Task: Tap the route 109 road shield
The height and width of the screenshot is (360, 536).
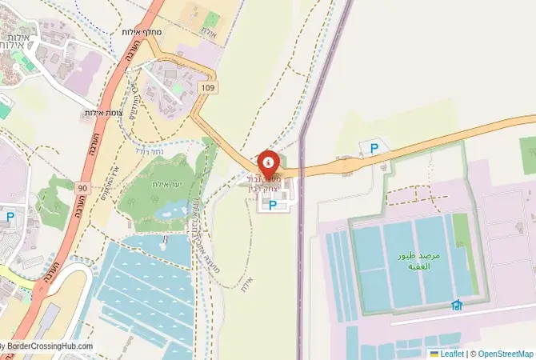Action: coord(209,86)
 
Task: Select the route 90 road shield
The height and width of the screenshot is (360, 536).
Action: coord(83,187)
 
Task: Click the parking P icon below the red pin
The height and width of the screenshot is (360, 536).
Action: coord(273,206)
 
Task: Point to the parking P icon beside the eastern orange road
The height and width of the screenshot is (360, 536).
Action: coord(373,147)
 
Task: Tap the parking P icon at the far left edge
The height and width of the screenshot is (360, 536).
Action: coord(10,217)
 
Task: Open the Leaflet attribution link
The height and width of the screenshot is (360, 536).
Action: coord(451,353)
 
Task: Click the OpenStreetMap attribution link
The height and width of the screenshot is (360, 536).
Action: coord(505,353)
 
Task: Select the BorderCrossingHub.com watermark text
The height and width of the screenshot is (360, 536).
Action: coord(48,346)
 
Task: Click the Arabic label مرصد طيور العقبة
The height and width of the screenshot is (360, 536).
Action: coord(420,262)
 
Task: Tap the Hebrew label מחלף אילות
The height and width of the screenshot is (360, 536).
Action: coord(144,32)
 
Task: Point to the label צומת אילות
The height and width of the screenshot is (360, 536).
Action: coord(102,114)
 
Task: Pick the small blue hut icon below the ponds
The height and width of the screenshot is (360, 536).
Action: coord(457,305)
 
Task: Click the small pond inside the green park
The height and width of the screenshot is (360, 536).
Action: coord(170,210)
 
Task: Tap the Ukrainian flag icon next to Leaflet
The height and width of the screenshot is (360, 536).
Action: coord(434,353)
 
